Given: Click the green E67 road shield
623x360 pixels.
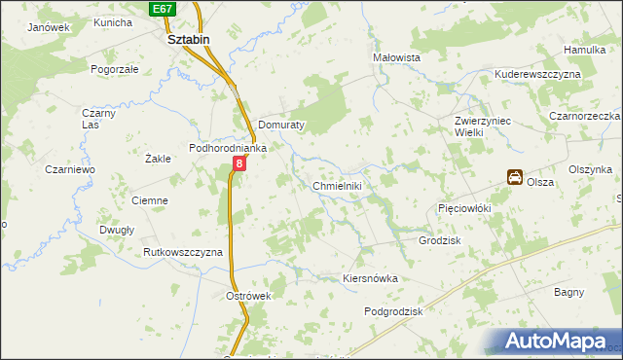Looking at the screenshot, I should (x=164, y=9).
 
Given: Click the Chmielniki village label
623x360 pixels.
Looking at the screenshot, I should (x=337, y=186).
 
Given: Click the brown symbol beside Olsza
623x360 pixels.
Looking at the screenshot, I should (x=513, y=177).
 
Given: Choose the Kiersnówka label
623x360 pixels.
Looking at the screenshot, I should (x=371, y=278).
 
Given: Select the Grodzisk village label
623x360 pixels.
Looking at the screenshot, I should (x=439, y=240).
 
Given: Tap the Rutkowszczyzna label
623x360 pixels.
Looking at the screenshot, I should (x=183, y=252).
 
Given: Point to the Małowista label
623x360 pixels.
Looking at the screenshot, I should (x=396, y=58).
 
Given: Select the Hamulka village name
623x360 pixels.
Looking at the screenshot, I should (x=585, y=49).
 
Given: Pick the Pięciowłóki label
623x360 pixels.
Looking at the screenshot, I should (x=463, y=208).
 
